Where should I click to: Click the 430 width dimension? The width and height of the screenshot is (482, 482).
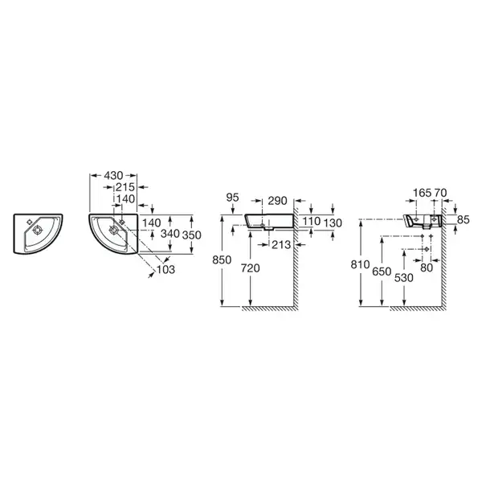tap(113, 175)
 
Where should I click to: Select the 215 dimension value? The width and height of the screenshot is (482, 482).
tap(125, 187)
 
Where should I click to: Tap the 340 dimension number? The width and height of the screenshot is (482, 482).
tap(170, 234)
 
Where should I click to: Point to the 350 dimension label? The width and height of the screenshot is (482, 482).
tap(192, 235)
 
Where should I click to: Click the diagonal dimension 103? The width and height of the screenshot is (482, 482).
tap(165, 270)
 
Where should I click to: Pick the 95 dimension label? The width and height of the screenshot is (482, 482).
tap(232, 198)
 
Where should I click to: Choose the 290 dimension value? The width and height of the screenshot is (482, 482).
tap(278, 201)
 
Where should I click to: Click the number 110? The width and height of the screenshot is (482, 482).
tap(312, 221)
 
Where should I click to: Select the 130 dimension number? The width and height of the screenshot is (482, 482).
tap(333, 223)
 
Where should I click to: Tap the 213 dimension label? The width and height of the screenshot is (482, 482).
tap(281, 245)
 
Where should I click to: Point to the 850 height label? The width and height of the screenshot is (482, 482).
tap(222, 260)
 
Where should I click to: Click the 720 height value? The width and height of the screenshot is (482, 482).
tap(250, 268)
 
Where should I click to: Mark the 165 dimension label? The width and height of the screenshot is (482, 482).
tap(422, 193)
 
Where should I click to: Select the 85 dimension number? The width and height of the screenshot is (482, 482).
tap(464, 220)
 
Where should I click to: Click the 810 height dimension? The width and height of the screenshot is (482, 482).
tap(360, 264)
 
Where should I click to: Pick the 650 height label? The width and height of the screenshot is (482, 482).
tap(382, 272)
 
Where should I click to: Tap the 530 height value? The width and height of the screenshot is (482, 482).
tap(403, 278)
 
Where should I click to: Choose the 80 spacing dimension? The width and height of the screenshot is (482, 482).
tap(427, 268)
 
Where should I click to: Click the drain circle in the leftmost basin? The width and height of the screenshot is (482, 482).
tap(37, 231)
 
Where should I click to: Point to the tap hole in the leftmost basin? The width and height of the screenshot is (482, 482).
tap(30, 222)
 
